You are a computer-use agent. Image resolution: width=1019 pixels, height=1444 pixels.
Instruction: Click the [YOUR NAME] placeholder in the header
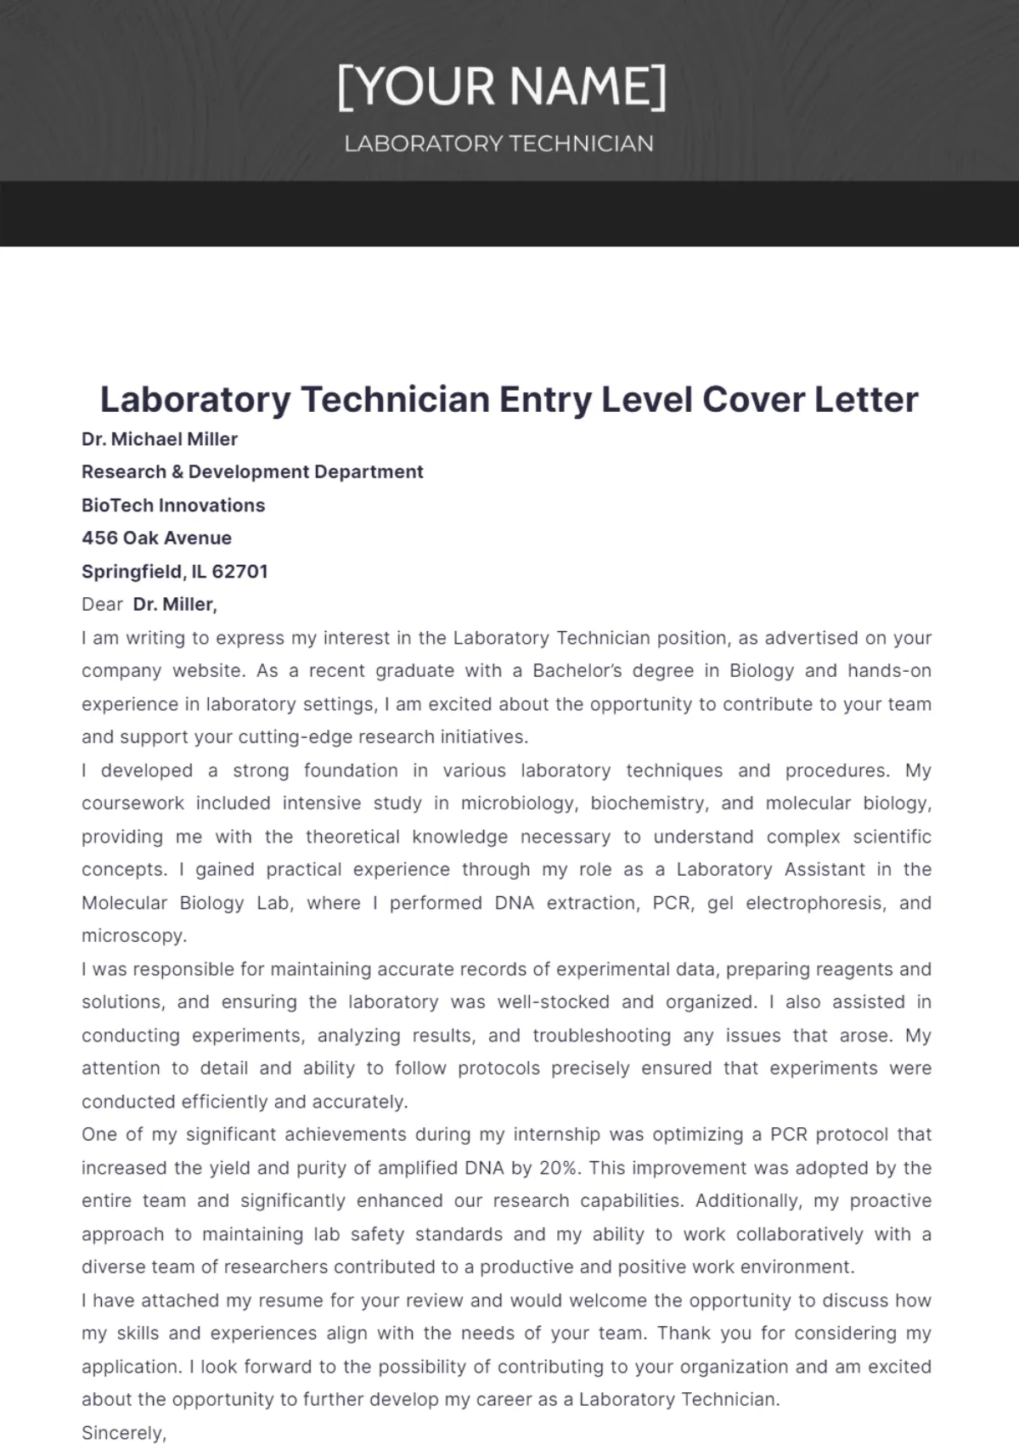tap(502, 87)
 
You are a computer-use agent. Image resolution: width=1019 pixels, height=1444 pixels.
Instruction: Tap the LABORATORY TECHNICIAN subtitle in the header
tap(498, 144)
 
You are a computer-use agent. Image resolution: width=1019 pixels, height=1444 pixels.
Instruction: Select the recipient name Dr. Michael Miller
tap(159, 439)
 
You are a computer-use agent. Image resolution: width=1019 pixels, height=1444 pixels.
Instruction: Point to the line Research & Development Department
tap(252, 471)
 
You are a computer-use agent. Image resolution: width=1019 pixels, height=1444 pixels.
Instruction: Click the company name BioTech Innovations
tap(173, 505)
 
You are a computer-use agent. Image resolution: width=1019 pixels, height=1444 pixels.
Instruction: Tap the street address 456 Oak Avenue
tap(156, 538)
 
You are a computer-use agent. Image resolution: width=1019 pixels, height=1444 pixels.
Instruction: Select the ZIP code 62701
tap(239, 572)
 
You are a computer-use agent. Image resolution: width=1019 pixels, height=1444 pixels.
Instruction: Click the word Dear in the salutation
tap(102, 604)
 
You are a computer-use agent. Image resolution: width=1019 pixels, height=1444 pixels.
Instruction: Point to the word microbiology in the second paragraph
tap(519, 803)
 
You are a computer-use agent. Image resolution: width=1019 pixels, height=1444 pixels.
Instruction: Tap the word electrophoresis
tap(814, 903)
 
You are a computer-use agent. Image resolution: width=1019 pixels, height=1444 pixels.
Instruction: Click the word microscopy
tap(133, 935)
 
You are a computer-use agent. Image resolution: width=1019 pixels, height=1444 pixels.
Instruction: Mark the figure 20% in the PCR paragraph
tap(559, 1168)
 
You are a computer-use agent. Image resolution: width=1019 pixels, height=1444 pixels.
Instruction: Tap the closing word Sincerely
tap(124, 1433)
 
